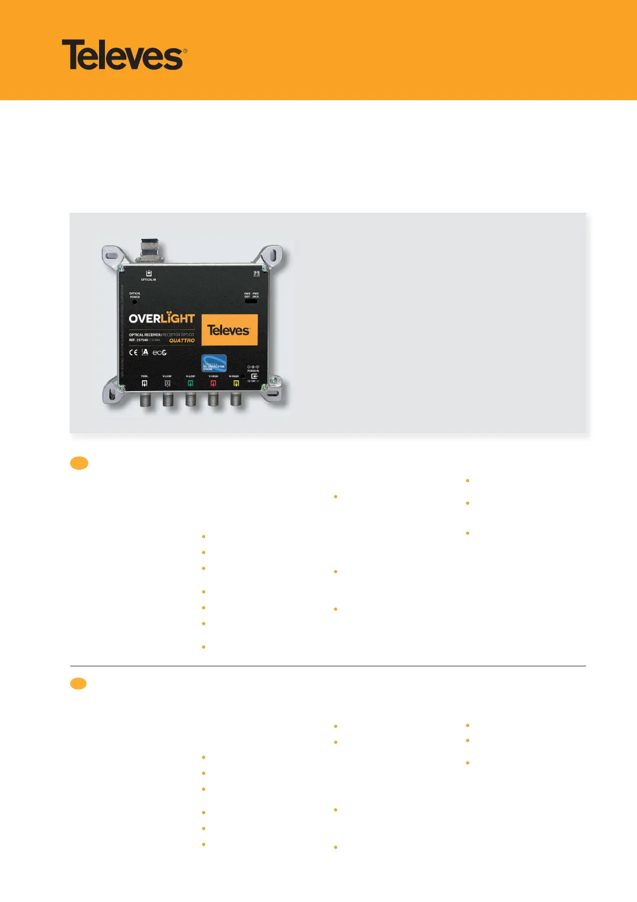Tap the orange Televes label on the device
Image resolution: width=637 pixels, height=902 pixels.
(x=229, y=330)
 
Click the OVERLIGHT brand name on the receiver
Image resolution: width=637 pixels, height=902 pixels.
(x=162, y=318)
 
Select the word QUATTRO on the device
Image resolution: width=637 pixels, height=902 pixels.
(x=182, y=341)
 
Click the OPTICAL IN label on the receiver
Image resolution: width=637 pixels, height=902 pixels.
(x=148, y=280)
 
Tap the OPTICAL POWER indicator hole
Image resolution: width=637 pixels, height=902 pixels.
(x=134, y=302)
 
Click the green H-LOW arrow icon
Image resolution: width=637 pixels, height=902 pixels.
(x=190, y=384)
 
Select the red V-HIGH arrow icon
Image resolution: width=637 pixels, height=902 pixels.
(x=213, y=384)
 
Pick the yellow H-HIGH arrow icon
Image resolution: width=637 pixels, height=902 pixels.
(x=236, y=384)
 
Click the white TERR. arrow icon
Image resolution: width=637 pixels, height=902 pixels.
(x=145, y=384)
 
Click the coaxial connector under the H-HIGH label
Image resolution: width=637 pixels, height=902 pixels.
(x=236, y=399)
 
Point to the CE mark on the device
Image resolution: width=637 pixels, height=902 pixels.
(x=133, y=352)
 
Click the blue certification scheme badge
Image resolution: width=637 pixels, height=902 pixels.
(x=214, y=363)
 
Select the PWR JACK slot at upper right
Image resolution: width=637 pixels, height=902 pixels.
(x=251, y=302)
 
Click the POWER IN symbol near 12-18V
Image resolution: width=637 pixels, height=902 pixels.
(x=254, y=376)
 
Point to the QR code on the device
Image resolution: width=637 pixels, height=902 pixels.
(x=256, y=274)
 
